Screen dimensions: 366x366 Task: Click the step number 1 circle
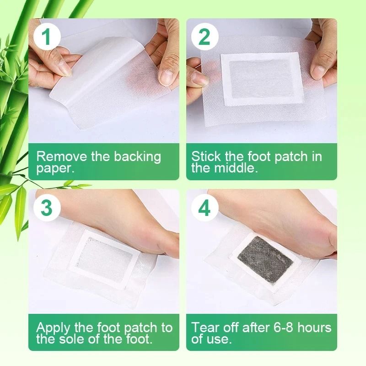click(x=46, y=37)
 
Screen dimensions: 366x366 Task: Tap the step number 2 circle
click(x=204, y=37)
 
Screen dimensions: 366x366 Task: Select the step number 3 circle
click(x=46, y=207)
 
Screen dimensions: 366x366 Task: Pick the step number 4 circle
click(x=204, y=207)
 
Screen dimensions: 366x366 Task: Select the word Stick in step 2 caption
click(x=206, y=156)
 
